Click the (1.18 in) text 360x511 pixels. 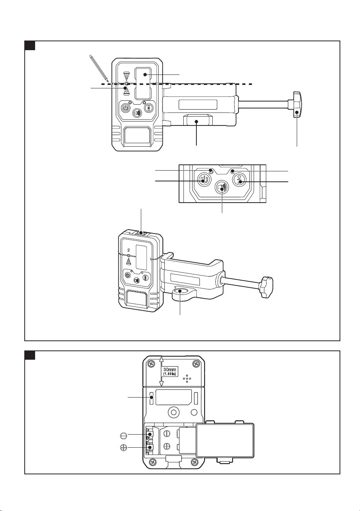[x=169, y=374]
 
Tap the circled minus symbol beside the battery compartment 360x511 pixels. [x=123, y=434]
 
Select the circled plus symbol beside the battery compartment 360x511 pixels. [x=123, y=447]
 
